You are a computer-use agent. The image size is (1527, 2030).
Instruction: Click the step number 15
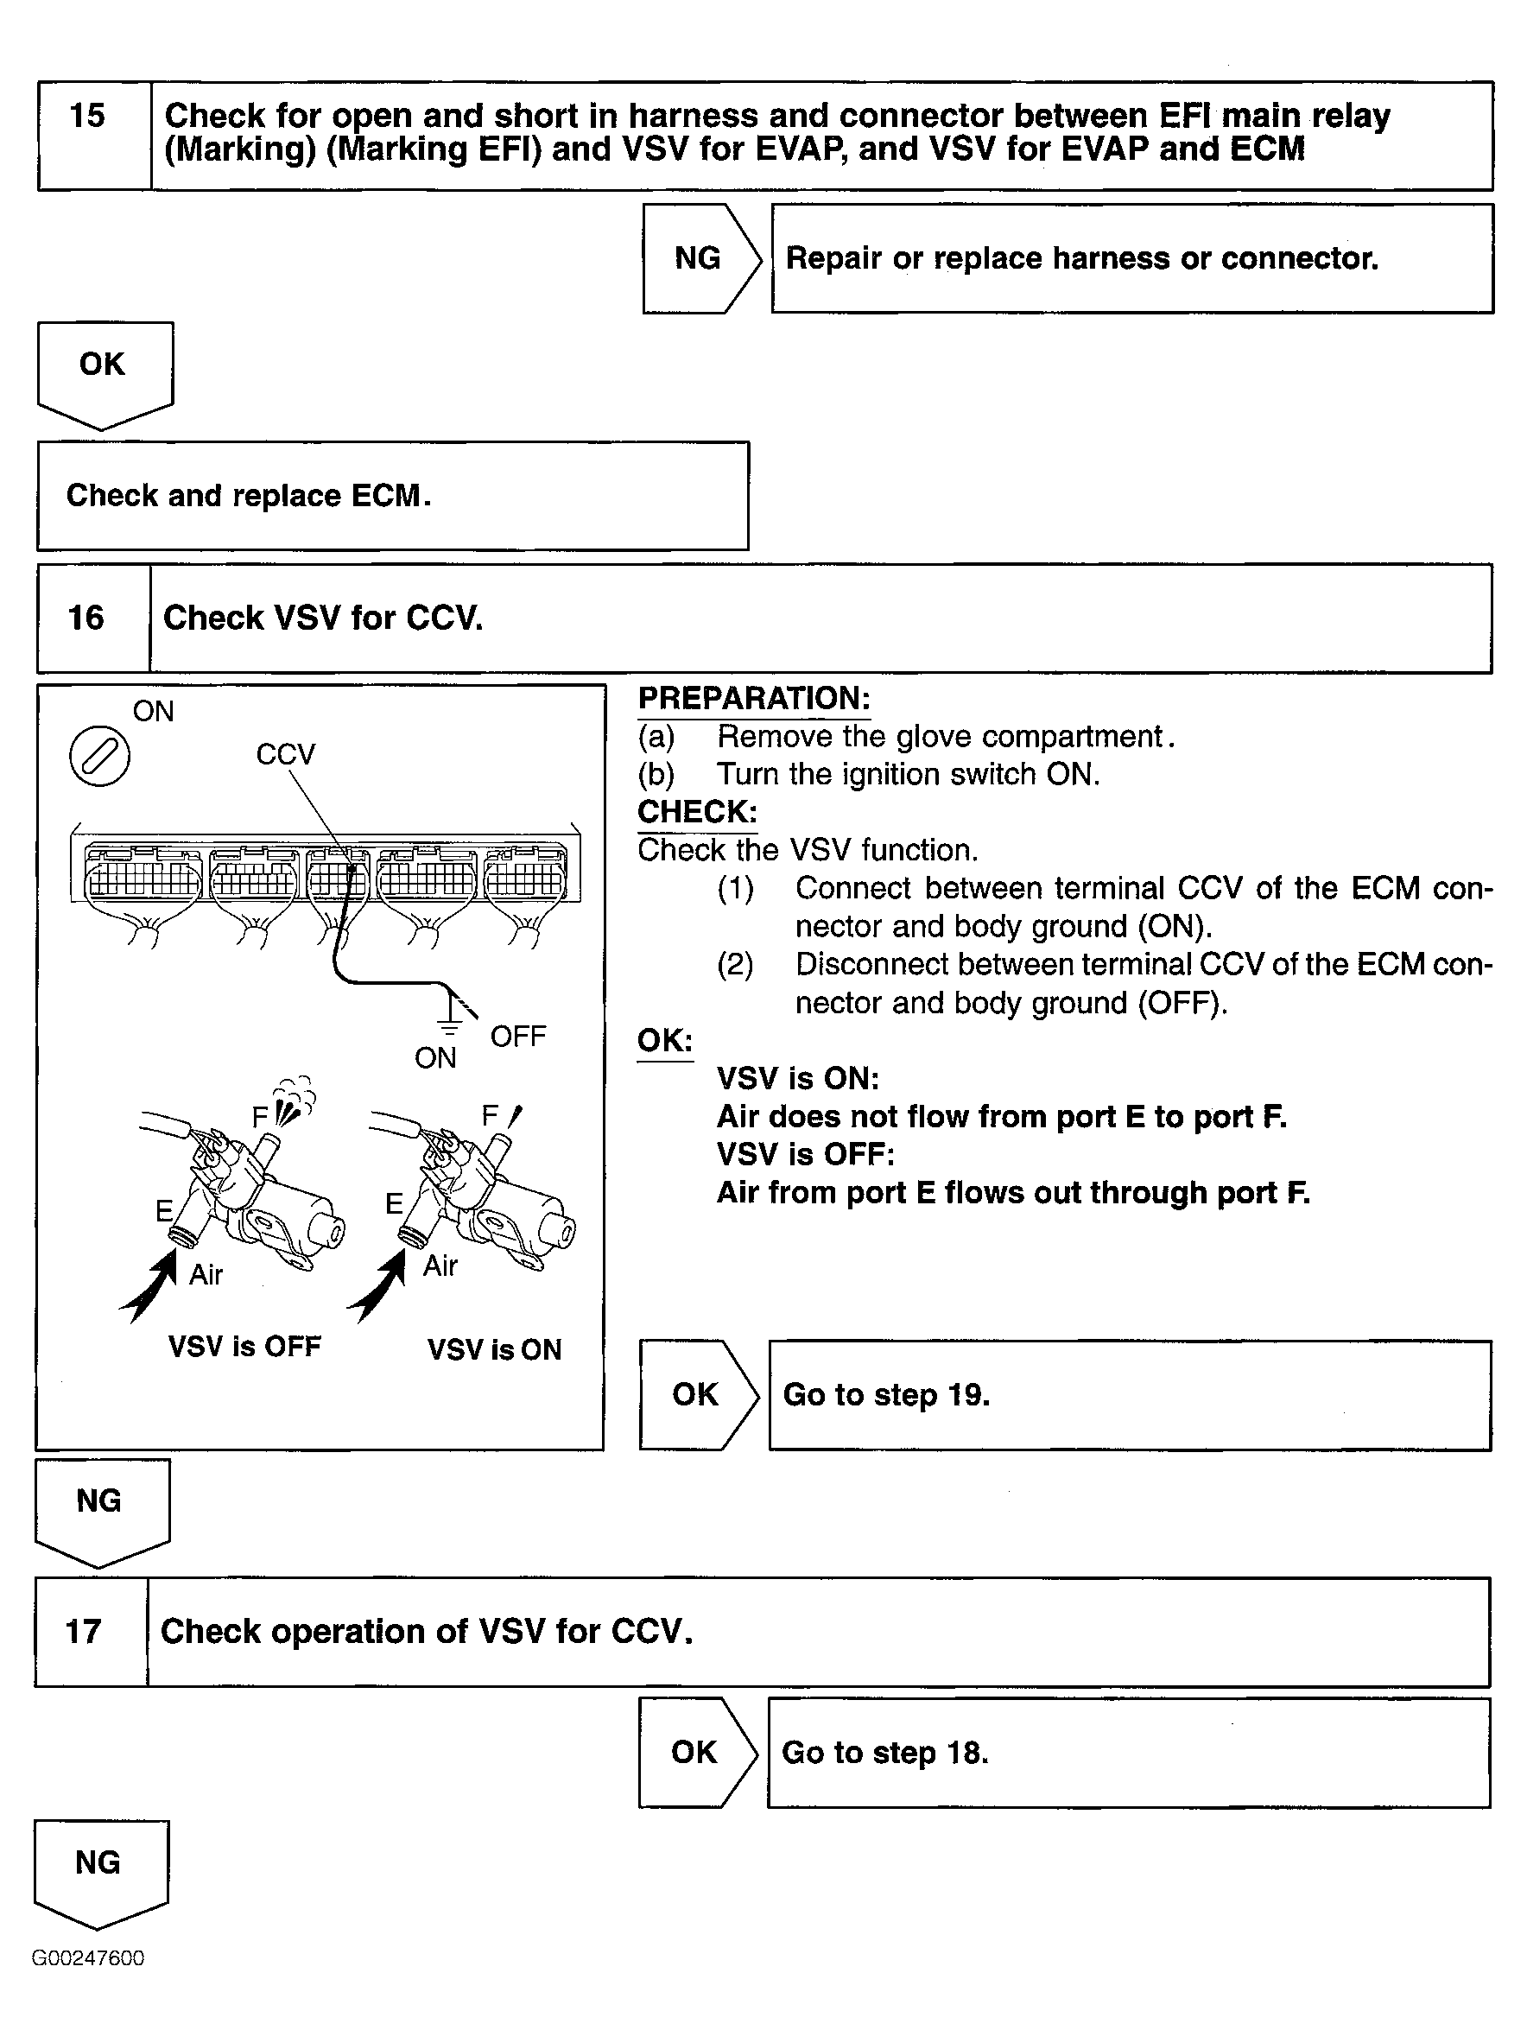(87, 117)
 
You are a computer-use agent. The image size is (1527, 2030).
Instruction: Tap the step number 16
(86, 618)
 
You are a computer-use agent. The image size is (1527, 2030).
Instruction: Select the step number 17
(84, 1632)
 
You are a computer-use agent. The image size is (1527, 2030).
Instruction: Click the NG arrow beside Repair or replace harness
(700, 259)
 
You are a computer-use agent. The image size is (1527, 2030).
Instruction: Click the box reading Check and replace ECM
(393, 496)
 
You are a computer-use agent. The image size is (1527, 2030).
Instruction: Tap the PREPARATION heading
(753, 698)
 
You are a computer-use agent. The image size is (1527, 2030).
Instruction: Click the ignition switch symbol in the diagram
(100, 756)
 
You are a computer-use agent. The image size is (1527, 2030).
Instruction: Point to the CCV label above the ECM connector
(285, 754)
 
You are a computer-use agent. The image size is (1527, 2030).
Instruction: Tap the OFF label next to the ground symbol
(517, 1037)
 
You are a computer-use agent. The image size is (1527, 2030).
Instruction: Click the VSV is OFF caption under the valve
(245, 1347)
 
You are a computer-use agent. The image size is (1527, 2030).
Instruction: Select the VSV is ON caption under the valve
(495, 1350)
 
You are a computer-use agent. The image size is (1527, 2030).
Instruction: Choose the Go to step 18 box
(1128, 1753)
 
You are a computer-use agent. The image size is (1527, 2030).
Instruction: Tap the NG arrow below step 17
(99, 1868)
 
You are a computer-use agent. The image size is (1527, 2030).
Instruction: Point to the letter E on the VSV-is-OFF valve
(164, 1211)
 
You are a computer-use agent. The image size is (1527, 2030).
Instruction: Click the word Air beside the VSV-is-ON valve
(440, 1266)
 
